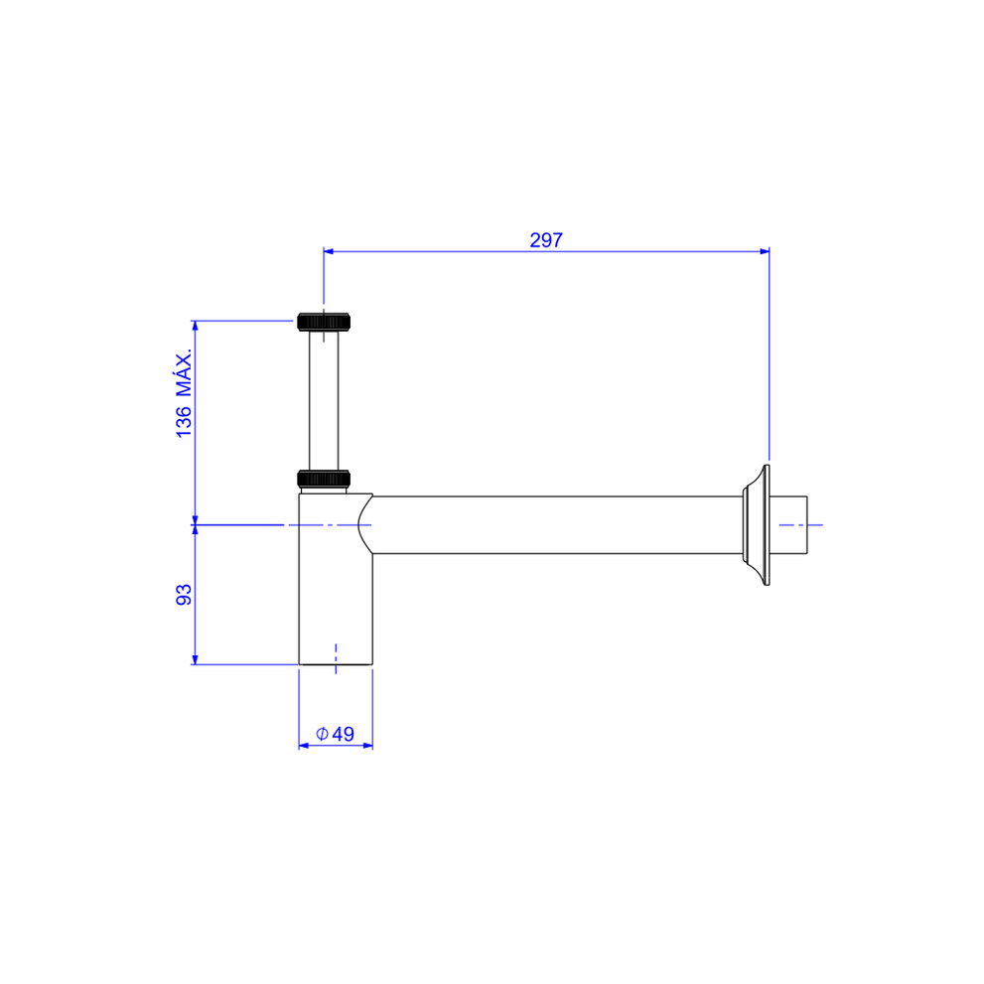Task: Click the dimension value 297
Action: coord(546,239)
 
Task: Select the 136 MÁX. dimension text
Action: coord(184,393)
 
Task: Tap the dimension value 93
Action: coord(184,595)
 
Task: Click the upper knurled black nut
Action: coord(324,322)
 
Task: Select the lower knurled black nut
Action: coord(324,479)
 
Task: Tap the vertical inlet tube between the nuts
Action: coord(324,400)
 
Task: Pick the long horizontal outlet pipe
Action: coord(557,524)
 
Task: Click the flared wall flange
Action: coord(758,524)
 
